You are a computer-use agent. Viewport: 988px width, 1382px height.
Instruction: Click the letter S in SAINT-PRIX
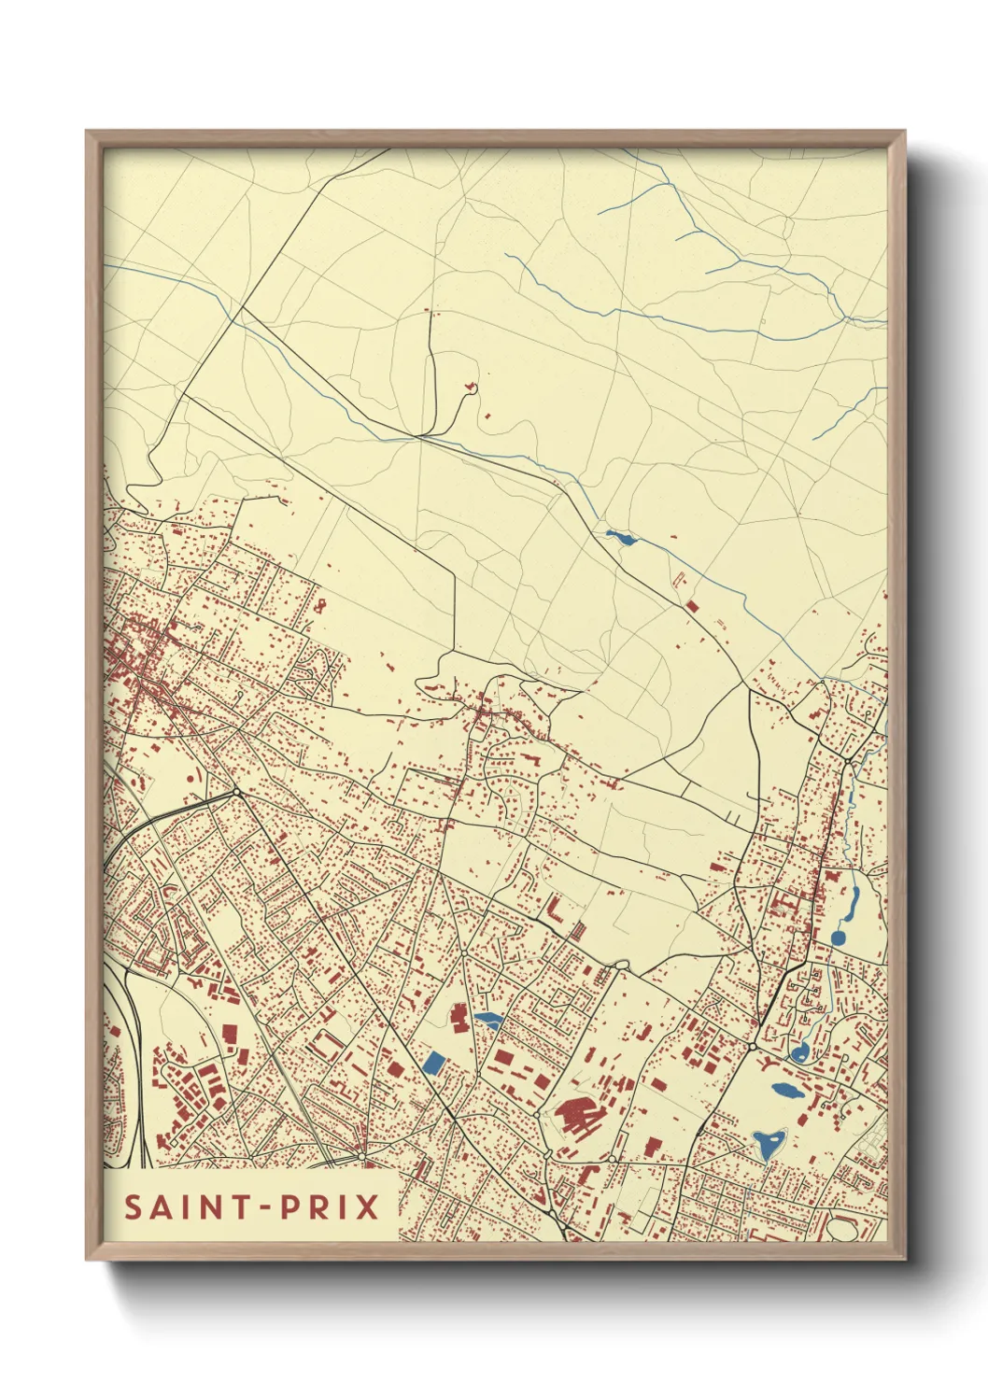[x=133, y=1206]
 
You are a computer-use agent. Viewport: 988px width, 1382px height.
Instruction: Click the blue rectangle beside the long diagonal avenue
[x=433, y=1062]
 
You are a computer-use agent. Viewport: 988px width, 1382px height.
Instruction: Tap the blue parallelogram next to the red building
[x=487, y=1020]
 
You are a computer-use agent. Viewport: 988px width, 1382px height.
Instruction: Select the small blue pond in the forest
[x=620, y=537]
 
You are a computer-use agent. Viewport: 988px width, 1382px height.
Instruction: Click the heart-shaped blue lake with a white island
[x=769, y=1141]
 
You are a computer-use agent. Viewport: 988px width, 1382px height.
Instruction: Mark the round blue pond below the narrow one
[x=838, y=937]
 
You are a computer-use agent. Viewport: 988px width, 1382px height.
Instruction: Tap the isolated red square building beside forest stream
[x=692, y=606]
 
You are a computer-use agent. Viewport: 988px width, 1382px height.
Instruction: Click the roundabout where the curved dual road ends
[x=236, y=793]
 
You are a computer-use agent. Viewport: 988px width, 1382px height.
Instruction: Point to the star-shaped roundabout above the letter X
[x=362, y=1157]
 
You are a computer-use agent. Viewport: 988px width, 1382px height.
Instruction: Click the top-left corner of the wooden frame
[x=88, y=132]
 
